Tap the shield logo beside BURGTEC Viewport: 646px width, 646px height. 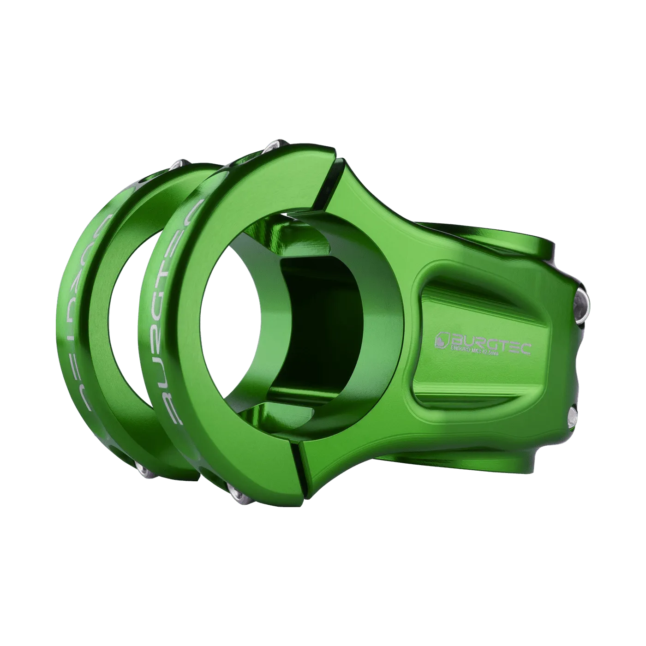pos(443,340)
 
